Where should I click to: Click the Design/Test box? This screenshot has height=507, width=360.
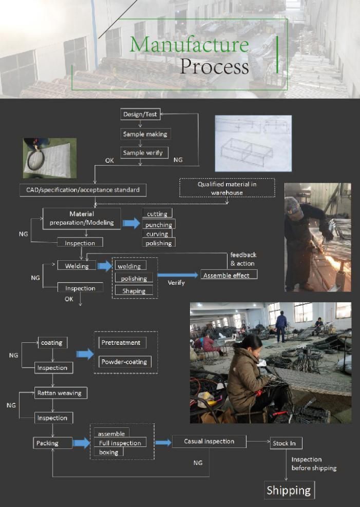(x=140, y=114)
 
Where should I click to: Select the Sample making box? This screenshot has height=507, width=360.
(x=145, y=134)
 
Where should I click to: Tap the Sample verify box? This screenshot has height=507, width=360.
(x=145, y=152)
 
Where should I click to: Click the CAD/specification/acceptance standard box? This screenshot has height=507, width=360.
(x=83, y=190)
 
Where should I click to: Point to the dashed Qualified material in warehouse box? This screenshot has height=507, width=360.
(x=226, y=188)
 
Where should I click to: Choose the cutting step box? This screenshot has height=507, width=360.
(x=157, y=213)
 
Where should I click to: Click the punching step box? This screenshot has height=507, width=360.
(x=159, y=224)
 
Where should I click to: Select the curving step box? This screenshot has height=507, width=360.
(x=157, y=233)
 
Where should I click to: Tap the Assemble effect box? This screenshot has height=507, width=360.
(x=229, y=275)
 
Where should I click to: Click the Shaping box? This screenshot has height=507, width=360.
(x=134, y=291)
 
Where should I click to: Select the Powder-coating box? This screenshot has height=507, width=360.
(x=124, y=362)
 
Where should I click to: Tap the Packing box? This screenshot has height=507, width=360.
(x=47, y=443)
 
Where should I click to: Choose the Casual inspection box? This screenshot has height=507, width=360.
(x=209, y=441)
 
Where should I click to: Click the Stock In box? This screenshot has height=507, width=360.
(x=286, y=443)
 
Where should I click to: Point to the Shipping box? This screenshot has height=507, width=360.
(x=289, y=490)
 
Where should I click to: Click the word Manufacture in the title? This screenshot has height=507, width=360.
(x=189, y=45)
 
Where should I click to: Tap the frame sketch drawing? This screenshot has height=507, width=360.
(x=253, y=143)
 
